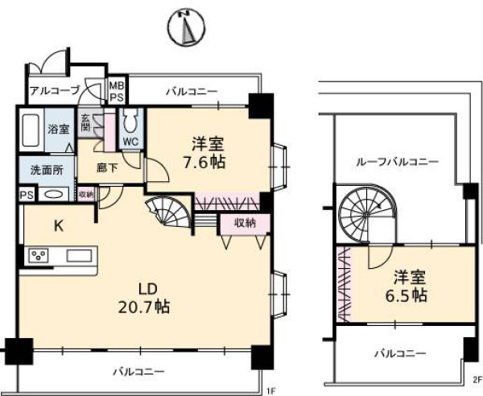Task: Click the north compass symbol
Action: click(x=185, y=30)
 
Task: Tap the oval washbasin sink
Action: click(x=54, y=194)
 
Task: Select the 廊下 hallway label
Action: click(x=109, y=168)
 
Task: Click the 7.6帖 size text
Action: click(x=208, y=162)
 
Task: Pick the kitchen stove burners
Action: click(x=38, y=257)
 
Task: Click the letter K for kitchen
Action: click(x=58, y=226)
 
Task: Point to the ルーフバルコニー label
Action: click(x=397, y=162)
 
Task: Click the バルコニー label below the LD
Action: click(x=138, y=372)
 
